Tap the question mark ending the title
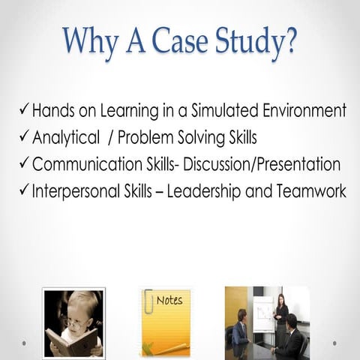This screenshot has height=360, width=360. [x=289, y=42]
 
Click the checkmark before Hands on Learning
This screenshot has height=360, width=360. [x=23, y=110]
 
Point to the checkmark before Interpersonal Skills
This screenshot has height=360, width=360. [x=23, y=191]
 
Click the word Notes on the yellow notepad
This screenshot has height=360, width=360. [x=169, y=301]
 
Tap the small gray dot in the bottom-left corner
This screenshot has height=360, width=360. [x=23, y=344]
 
